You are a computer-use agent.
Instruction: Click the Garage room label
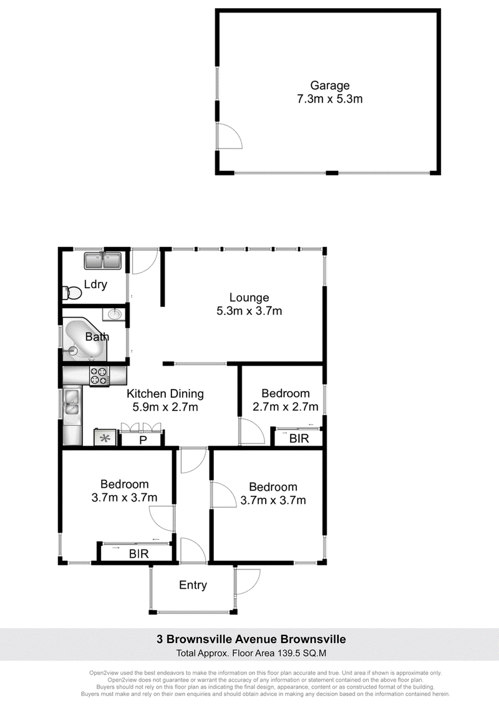[x=330, y=85]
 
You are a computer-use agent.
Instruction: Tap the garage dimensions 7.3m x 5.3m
[x=330, y=99]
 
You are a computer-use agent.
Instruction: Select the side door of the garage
[x=229, y=135]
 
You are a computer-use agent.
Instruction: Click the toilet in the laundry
[x=72, y=293]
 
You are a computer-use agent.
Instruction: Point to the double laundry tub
[x=103, y=261]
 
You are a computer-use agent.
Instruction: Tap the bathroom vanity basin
[x=115, y=314]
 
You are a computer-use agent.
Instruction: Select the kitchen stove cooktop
[x=100, y=377]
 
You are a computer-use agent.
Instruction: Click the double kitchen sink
[x=72, y=402]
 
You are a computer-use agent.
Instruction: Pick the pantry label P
[x=143, y=440]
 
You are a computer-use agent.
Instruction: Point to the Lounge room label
[x=249, y=297]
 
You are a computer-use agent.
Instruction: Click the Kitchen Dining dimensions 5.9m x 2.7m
[x=165, y=407]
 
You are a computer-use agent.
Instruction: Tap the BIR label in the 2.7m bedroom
[x=299, y=438]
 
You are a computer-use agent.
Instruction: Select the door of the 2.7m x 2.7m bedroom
[x=251, y=432]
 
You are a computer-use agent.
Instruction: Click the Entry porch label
[x=193, y=585]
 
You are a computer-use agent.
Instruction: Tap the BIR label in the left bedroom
[x=138, y=553]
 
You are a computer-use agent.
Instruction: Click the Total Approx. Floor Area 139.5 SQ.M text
[x=251, y=653]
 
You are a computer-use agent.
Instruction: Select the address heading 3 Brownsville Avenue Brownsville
[x=251, y=639]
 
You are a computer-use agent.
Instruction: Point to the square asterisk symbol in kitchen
[x=105, y=438]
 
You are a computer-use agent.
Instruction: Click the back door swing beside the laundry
[x=143, y=261]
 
